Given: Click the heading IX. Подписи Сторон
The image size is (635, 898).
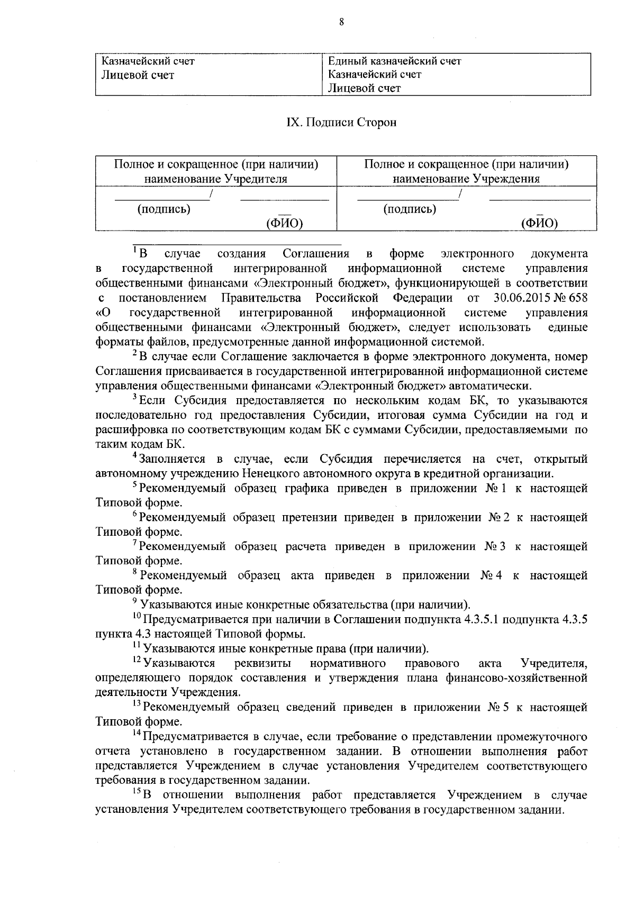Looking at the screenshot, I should pyautogui.click(x=341, y=123).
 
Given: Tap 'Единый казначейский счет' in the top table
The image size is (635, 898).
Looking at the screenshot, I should pyautogui.click(x=394, y=61).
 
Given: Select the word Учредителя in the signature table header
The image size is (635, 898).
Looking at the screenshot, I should pyautogui.click(x=256, y=179).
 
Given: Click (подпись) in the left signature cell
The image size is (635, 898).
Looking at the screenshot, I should pyautogui.click(x=164, y=209).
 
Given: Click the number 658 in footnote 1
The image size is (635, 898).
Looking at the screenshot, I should pyautogui.click(x=577, y=298).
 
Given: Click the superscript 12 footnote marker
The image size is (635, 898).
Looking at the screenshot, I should pyautogui.click(x=137, y=660).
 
